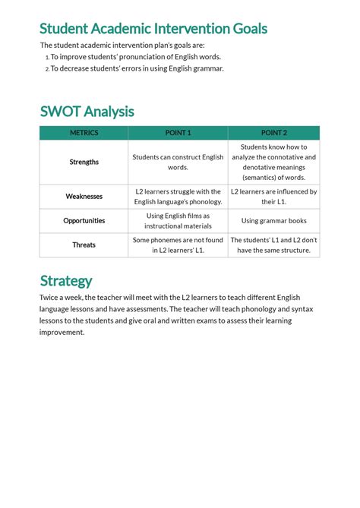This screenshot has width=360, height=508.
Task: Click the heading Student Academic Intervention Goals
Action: point(153,29)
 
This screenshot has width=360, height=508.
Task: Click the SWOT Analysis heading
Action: point(87,112)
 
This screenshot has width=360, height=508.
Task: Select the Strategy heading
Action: point(66,280)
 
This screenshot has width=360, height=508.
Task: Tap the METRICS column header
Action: point(84,133)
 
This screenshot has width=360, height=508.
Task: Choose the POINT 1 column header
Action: point(178,133)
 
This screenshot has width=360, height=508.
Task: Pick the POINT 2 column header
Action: point(273,133)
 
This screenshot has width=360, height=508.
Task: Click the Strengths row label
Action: point(84,162)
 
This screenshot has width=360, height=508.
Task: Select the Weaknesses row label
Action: point(84,197)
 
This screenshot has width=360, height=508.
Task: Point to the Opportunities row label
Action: point(84,221)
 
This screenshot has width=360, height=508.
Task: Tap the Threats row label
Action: point(84,245)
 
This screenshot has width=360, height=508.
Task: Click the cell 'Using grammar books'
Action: point(273,221)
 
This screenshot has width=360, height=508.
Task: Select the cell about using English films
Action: point(178,221)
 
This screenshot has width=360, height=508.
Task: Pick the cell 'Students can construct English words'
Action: point(178,162)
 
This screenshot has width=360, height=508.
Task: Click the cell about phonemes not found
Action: point(178,245)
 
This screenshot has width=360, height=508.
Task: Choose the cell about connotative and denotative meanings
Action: point(273,162)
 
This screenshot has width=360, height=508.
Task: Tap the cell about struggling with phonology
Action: point(178,197)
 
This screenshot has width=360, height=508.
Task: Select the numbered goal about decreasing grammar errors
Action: point(137,68)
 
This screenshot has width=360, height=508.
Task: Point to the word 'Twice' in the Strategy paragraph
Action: point(50,298)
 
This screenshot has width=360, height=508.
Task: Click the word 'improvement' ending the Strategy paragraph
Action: point(62,332)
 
